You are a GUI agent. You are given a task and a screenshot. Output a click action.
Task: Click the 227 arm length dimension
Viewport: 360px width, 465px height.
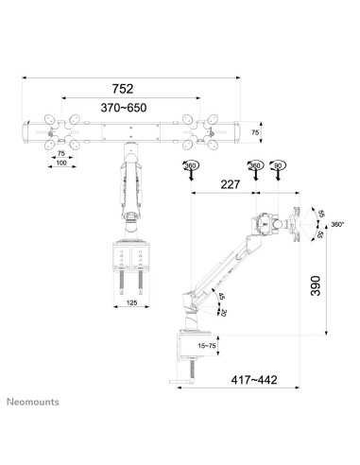[x=225, y=185]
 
